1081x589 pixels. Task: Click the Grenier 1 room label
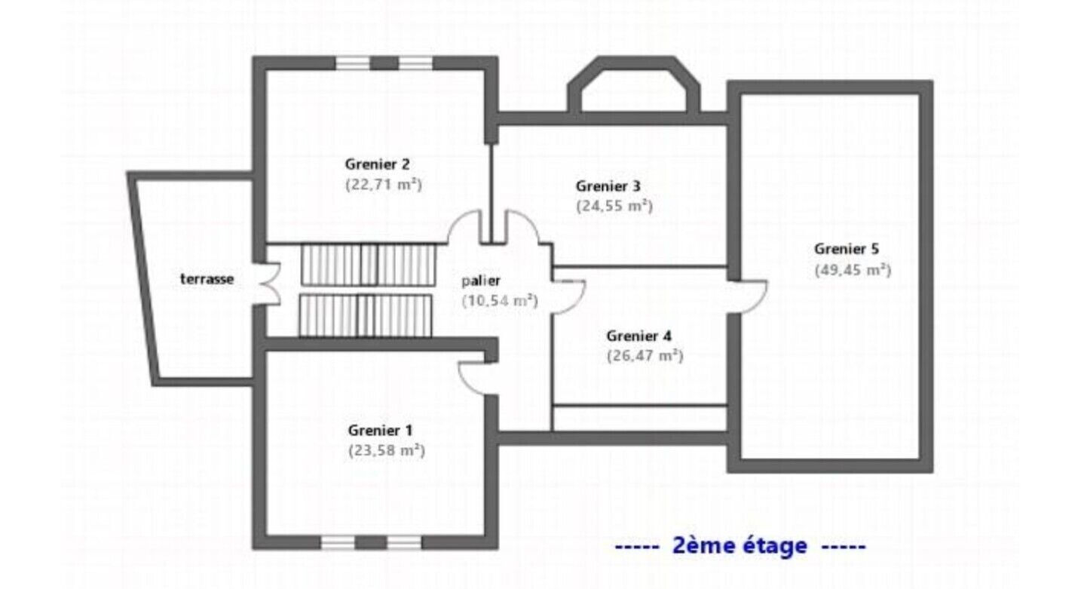[x=380, y=430]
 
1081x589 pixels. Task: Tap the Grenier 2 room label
[x=378, y=164]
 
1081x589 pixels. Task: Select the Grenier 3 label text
[x=608, y=186]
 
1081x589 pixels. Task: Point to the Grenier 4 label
[x=638, y=336]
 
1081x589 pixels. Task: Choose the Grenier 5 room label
[x=847, y=249]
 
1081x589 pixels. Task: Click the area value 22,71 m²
[x=384, y=185]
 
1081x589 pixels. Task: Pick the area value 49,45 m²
[x=853, y=270]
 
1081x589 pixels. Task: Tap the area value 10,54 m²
[x=500, y=301]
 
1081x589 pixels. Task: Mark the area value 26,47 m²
[x=645, y=356]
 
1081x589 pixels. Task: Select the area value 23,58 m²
[x=387, y=450]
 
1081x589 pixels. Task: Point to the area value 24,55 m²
[x=614, y=207]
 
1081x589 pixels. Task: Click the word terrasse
[x=207, y=279]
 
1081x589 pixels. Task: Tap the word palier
[x=481, y=281]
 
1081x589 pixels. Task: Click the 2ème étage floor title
[x=740, y=546]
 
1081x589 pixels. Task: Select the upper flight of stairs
[x=368, y=265]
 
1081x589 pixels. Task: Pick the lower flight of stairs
[x=366, y=315]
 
